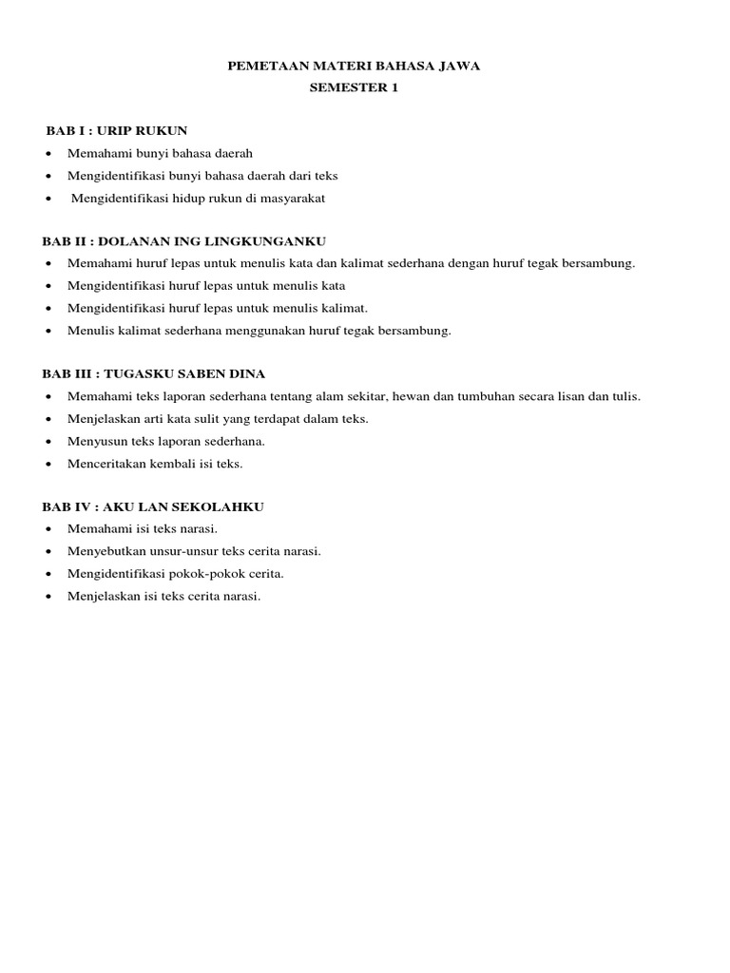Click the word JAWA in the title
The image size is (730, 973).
tap(460, 67)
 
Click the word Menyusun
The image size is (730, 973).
tap(96, 442)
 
